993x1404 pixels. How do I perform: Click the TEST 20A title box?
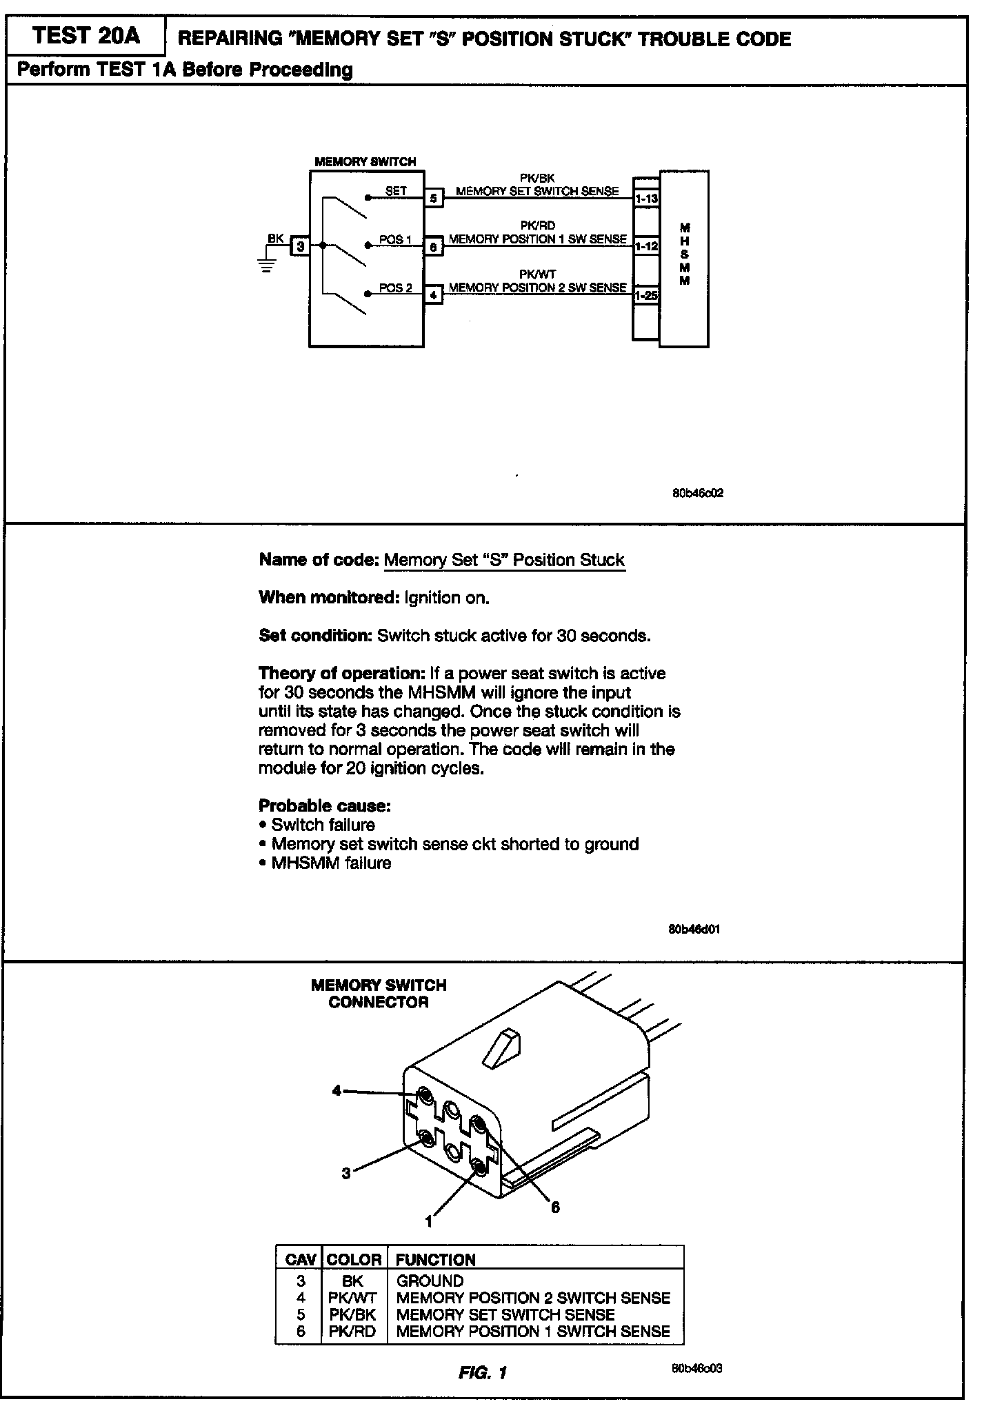coord(86,36)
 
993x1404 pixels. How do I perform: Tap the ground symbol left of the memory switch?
coord(267,265)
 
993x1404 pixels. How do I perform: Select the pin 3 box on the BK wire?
coord(300,245)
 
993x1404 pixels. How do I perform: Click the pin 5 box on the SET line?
coord(433,198)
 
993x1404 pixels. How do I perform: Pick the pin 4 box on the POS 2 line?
coord(433,294)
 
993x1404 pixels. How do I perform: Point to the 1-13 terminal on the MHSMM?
coord(646,199)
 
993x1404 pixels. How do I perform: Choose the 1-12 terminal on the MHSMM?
coord(646,246)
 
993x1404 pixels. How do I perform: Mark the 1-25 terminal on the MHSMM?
coord(646,295)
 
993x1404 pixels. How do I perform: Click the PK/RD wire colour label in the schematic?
coord(537,225)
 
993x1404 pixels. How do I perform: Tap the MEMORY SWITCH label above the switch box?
coord(365,162)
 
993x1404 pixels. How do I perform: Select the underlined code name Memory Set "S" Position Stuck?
coord(504,560)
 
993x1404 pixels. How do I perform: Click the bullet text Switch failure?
coord(323,825)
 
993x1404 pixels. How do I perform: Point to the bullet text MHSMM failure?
coord(331,863)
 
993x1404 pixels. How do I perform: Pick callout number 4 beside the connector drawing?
coord(337,1090)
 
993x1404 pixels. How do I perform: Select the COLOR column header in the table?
coord(354,1259)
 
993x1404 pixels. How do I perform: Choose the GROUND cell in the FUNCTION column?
coord(430,1281)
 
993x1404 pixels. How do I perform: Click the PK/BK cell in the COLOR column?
coord(352,1314)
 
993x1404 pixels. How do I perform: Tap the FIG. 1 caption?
coord(483,1372)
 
